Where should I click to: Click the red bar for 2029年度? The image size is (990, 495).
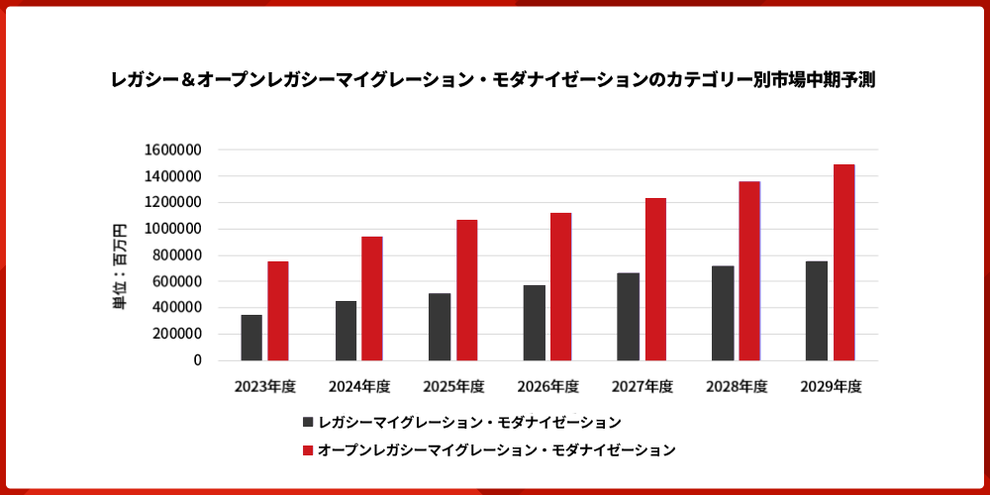coord(843,262)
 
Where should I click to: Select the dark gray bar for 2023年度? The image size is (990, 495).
coord(251,338)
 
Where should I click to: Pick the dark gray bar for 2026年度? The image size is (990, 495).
coord(535,323)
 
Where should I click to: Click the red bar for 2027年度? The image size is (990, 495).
coord(655,279)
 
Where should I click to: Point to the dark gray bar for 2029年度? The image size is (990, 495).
coord(817,311)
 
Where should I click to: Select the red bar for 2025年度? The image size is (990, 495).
coord(466,290)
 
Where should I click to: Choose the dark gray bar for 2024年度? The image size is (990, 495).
coord(346,331)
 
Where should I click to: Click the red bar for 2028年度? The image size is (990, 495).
coord(749,271)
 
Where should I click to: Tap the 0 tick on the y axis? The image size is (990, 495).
coord(197,360)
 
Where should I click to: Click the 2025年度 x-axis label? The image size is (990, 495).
coord(453,387)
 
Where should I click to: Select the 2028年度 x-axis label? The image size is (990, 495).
coord(737,387)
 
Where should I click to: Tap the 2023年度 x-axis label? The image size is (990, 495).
coord(264,387)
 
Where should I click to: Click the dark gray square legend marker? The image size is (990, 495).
coord(308,422)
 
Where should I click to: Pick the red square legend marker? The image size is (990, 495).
coord(308,449)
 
